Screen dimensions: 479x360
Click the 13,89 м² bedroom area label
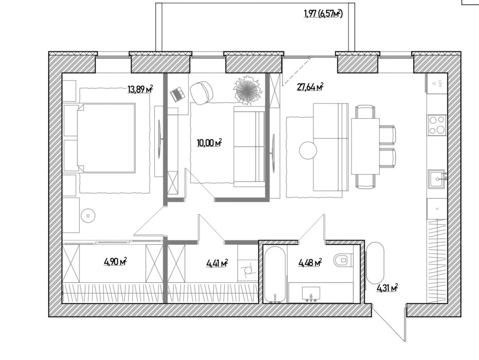(140, 89)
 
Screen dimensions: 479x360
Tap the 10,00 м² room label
(209, 142)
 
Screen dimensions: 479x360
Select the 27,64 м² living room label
(310, 87)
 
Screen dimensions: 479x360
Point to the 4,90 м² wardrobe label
(116, 262)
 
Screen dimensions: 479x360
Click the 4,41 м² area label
(217, 263)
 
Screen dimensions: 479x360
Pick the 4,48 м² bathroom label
(310, 262)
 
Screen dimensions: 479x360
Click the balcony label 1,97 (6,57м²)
(323, 13)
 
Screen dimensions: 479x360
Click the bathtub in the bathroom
(275, 275)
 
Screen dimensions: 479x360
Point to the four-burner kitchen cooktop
(437, 125)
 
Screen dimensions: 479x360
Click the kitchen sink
(437, 179)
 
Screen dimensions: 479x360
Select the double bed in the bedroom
(106, 138)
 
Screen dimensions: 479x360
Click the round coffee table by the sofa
(308, 150)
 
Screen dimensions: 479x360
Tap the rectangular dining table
(365, 146)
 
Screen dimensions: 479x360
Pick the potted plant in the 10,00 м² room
(247, 89)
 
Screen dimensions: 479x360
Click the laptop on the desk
(178, 94)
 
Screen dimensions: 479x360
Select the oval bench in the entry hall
(375, 263)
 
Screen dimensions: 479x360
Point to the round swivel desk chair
(201, 93)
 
